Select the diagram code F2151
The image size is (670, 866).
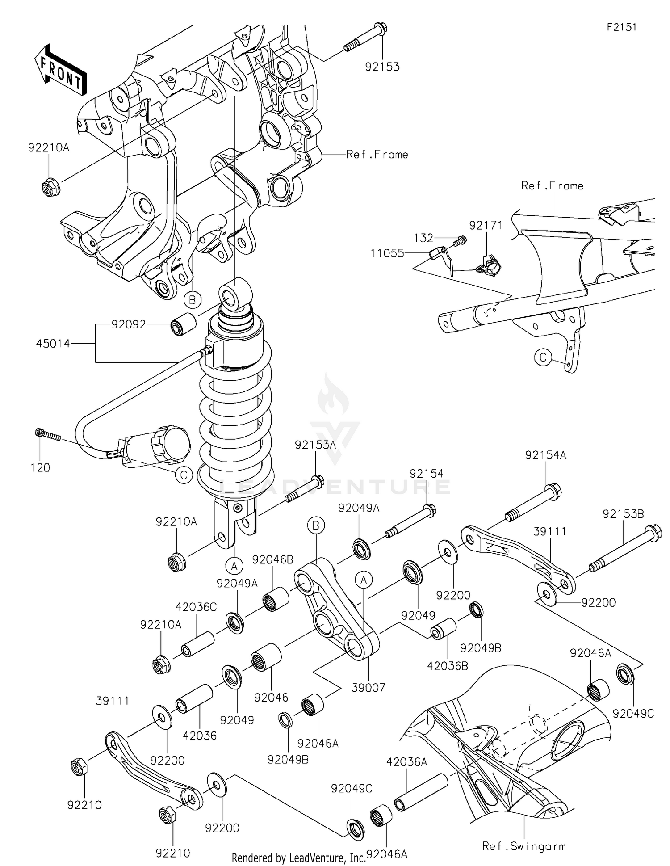tap(621, 27)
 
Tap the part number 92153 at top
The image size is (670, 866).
tap(382, 67)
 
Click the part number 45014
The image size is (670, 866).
tap(53, 343)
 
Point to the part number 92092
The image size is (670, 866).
tap(129, 324)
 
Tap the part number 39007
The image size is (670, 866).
tap(368, 688)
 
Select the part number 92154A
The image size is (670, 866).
tap(545, 455)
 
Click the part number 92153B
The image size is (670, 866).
tap(623, 514)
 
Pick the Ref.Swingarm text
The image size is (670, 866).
tap(523, 846)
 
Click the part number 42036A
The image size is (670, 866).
tap(406, 762)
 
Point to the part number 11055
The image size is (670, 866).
tap(387, 253)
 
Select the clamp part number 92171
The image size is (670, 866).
tap(486, 225)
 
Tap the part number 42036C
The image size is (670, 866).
tap(196, 607)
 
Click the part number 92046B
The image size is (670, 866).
tap(272, 559)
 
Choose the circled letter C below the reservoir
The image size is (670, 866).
tap(184, 475)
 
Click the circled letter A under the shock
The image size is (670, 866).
tap(234, 566)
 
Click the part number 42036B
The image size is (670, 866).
tap(447, 666)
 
